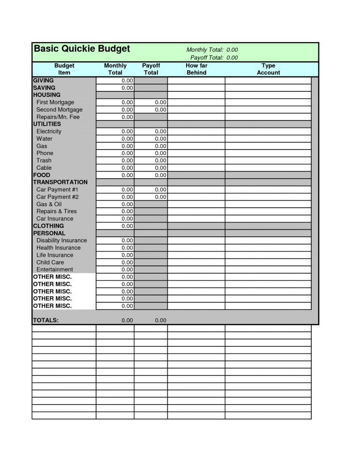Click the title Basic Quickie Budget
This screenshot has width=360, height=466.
pyautogui.click(x=82, y=49)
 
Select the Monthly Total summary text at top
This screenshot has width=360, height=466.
pyautogui.click(x=212, y=50)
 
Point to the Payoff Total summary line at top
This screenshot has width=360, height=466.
pyautogui.click(x=214, y=58)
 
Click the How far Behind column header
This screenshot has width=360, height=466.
pyautogui.click(x=196, y=69)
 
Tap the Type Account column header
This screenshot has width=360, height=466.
pyautogui.click(x=268, y=69)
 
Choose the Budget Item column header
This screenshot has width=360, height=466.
pyautogui.click(x=64, y=69)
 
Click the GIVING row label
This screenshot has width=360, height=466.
pyautogui.click(x=43, y=81)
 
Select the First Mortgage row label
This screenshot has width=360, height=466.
pyautogui.click(x=55, y=102)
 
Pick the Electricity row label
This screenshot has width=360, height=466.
pyautogui.click(x=49, y=131)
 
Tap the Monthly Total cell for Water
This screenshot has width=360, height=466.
pyautogui.click(x=115, y=139)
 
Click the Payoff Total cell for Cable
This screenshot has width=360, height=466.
pyautogui.click(x=151, y=168)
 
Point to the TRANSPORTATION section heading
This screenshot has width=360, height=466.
pyautogui.click(x=60, y=182)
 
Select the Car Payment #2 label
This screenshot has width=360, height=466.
pyautogui.click(x=57, y=197)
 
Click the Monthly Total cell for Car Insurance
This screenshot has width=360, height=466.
pyautogui.click(x=115, y=218)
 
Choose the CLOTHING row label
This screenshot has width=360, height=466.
pyautogui.click(x=48, y=226)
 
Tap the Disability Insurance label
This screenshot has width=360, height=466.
pyautogui.click(x=61, y=241)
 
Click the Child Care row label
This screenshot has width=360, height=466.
pyautogui.click(x=50, y=263)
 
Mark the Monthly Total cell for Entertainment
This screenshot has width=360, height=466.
pyautogui.click(x=115, y=270)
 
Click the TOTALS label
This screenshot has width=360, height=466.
pyautogui.click(x=45, y=320)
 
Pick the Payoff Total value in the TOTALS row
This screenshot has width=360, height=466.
pyautogui.click(x=160, y=320)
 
